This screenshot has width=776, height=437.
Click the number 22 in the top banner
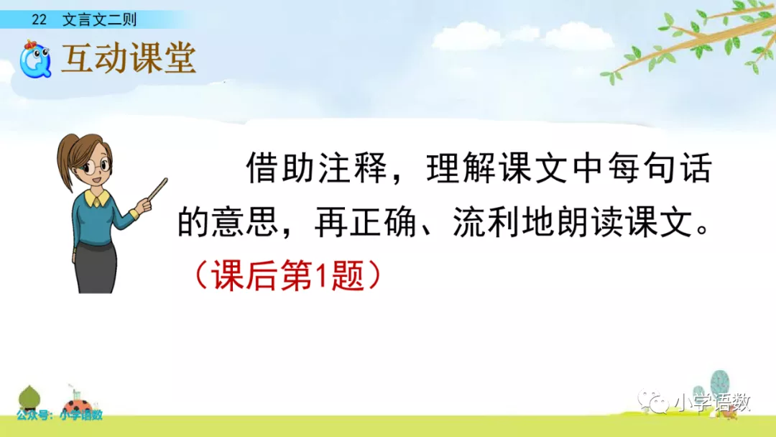39,20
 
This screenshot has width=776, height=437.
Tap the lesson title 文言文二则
99,20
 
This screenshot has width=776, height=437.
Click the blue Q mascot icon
35,60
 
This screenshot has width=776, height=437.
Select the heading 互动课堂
129,58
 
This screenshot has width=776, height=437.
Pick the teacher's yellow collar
96,198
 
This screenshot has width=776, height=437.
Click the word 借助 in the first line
280,167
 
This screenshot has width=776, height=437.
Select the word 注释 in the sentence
352,167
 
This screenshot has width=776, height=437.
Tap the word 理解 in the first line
461,167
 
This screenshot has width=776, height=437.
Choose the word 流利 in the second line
487,221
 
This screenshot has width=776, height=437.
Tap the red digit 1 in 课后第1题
321,276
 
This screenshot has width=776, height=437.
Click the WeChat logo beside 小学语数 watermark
652,401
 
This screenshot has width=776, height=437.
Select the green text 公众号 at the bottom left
32,415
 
